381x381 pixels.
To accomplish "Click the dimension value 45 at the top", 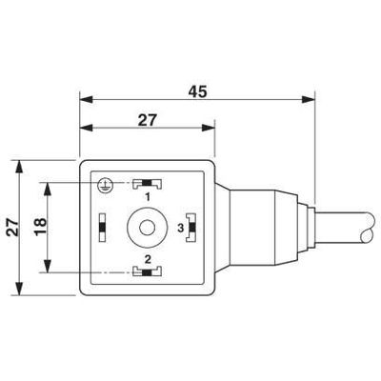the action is pos(197,91).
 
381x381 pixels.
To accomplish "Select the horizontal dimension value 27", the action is pos(148,120).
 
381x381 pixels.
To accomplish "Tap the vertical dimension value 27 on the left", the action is pos(13,227).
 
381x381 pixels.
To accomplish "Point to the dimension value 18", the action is pos(41,227).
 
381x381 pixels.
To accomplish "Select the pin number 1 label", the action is pos(148,197).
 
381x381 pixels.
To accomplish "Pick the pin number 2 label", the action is pos(148,259).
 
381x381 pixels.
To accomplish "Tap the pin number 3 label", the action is pos(181,228).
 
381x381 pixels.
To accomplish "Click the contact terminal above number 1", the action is pos(147,184).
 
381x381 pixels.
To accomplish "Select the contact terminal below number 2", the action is pos(147,271).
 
